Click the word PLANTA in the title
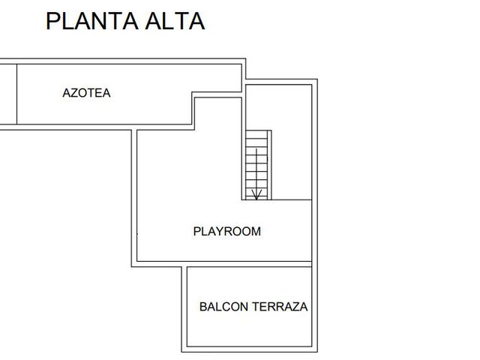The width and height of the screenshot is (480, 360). click(91, 21)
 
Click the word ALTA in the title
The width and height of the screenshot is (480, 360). click(175, 21)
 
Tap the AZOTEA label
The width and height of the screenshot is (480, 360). click(86, 93)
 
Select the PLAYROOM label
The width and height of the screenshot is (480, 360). click(227, 232)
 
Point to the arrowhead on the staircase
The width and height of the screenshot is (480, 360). click(256, 195)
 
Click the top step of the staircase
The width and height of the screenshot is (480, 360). click(256, 134)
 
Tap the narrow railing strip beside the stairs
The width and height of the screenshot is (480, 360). click(269, 165)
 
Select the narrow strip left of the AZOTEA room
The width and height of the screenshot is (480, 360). click(8, 94)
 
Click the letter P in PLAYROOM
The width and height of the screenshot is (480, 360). click(196, 232)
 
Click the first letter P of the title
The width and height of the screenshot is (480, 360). click(52, 21)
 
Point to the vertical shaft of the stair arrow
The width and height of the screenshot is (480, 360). click(256, 174)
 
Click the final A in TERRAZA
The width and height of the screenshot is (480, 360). click(303, 307)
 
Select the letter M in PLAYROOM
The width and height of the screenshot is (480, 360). click(256, 232)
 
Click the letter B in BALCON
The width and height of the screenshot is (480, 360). click(203, 307)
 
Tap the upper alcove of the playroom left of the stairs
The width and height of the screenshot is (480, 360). click(218, 114)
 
